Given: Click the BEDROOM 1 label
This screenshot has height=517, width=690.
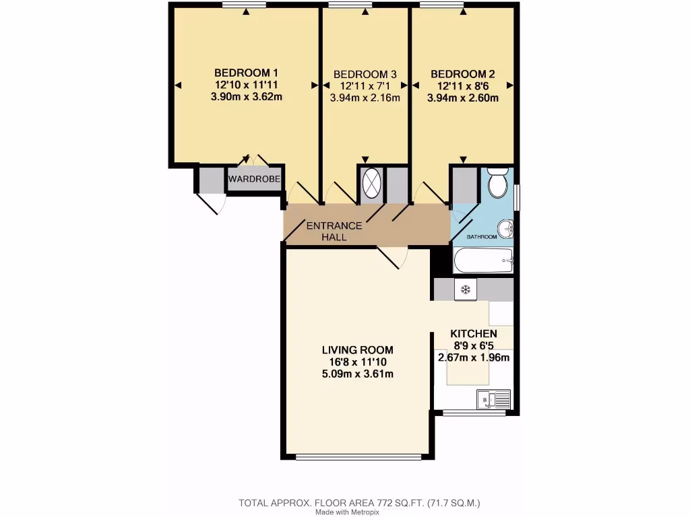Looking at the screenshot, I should tap(246, 73).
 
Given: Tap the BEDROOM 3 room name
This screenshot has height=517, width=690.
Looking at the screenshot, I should tap(365, 74).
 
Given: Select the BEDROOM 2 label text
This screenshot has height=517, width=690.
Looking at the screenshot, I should tap(463, 73).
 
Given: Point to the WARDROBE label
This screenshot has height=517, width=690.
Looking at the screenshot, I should tap(254, 179).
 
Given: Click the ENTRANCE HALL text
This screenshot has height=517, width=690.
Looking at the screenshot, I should tap(334, 231).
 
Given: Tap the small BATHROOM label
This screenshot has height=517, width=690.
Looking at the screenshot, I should tap(482, 237).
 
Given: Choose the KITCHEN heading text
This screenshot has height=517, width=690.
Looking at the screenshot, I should tap(474, 333).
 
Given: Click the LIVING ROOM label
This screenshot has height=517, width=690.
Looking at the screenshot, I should tap(357, 350).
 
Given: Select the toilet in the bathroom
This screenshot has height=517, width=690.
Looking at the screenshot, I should tap(498, 184).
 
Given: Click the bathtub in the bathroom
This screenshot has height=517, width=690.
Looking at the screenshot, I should tap(484, 260).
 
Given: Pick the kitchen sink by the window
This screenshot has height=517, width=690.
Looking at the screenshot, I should tap(493, 399).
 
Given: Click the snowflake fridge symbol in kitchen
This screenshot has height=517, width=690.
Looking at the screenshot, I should tap(465, 289).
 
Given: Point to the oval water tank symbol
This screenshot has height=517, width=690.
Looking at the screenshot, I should tap(371, 183).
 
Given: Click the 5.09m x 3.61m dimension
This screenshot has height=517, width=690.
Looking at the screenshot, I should tap(357, 374).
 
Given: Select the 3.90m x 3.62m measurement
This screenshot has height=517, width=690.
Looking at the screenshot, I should tap(246, 97).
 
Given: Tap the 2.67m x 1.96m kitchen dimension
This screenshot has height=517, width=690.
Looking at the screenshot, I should tap(474, 357).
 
